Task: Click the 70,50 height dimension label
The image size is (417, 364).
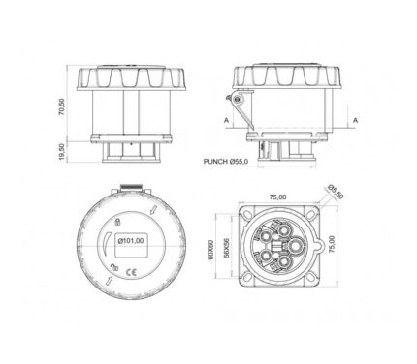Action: point(62,106)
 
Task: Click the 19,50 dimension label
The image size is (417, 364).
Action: point(62,152)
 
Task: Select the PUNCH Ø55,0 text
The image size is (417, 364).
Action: point(226,162)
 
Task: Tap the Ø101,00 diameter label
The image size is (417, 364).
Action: point(131,240)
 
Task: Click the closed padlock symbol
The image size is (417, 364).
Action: point(118,222)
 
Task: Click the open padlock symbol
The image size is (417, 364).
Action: point(114,267)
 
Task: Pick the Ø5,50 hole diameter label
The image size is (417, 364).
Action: point(336,192)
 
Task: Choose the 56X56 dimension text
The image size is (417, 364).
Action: point(226,248)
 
